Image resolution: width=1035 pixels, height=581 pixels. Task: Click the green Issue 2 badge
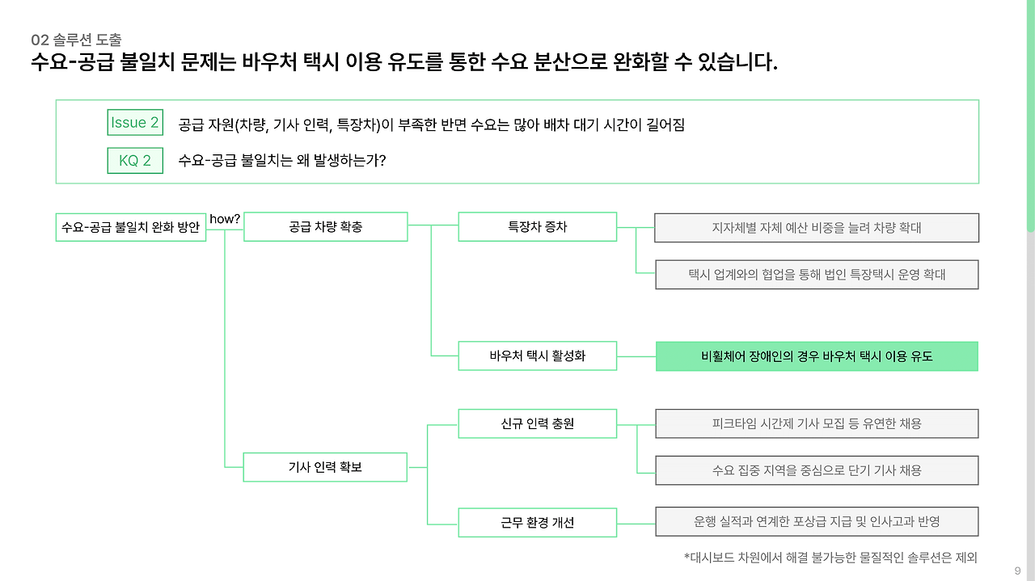click(135, 123)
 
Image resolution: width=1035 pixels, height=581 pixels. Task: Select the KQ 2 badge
click(135, 161)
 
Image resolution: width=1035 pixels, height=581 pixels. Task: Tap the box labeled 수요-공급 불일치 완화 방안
click(131, 227)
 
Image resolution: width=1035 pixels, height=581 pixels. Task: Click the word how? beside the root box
click(225, 219)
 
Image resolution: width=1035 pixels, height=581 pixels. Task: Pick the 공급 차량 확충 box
click(325, 227)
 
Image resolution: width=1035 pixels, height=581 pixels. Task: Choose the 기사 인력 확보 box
click(325, 467)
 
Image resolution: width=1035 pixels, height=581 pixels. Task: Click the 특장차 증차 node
click(537, 227)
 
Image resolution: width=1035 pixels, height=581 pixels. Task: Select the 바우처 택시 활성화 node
click(537, 356)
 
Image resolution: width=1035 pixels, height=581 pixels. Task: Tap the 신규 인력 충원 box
click(537, 423)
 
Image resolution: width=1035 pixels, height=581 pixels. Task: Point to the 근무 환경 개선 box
click(537, 522)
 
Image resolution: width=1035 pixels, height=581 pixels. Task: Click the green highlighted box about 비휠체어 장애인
click(817, 356)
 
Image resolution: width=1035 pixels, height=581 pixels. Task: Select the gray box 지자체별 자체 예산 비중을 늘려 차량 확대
click(817, 228)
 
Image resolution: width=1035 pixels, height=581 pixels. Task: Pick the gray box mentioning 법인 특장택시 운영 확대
click(817, 275)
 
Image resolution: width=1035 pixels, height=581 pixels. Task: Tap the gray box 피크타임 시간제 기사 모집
click(817, 423)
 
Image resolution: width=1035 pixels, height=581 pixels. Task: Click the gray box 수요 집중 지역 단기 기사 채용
click(817, 470)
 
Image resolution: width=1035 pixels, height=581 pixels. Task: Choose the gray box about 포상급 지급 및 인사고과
click(817, 522)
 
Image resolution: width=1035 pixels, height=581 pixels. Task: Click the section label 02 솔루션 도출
click(76, 40)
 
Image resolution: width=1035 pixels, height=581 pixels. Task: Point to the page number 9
click(1017, 571)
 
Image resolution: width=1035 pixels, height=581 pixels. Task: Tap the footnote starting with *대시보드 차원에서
click(830, 558)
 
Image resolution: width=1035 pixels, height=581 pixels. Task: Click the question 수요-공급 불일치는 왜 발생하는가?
click(281, 161)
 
